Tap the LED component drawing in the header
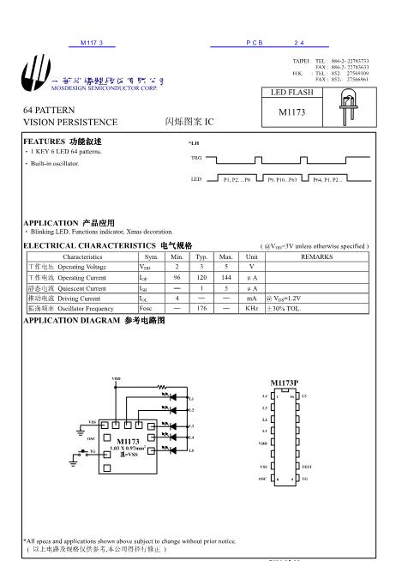349,104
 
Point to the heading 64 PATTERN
49,111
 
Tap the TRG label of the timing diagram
195,159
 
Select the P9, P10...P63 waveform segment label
282,179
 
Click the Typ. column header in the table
202,256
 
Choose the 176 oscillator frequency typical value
202,309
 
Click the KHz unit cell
251,309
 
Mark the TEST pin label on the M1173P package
307,465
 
